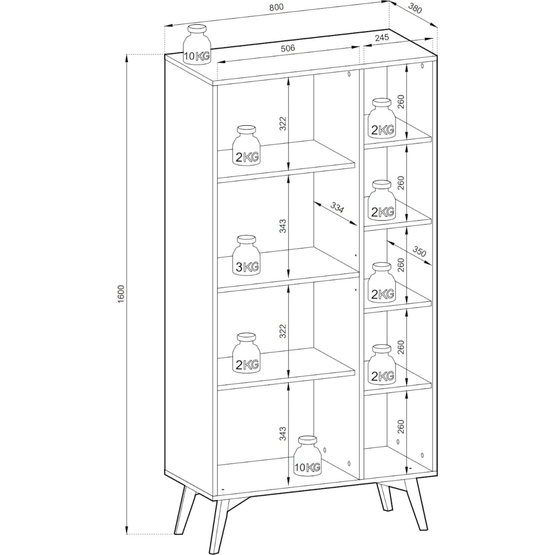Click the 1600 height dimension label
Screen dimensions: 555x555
coord(121,294)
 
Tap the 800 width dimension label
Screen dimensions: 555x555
coord(277,7)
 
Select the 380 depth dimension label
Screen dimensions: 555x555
coord(415,9)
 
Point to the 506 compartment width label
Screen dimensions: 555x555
coord(288,48)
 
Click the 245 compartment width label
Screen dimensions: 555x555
coord(382,38)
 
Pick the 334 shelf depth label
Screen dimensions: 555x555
coord(337,208)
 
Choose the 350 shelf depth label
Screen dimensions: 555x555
coord(419,251)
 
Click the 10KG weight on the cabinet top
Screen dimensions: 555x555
coord(197,44)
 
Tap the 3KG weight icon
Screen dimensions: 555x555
coord(246,255)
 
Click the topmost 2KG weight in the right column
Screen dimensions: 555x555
coord(382,118)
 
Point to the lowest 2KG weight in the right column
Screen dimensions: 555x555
coord(382,365)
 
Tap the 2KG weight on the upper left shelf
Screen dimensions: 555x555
coord(246,145)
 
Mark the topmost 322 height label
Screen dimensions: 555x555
coord(283,124)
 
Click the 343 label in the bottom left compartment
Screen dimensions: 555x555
coord(283,434)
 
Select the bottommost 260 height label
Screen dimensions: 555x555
coord(401,427)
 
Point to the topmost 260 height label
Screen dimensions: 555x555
coord(401,101)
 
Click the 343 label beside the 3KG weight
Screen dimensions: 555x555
coord(283,226)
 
